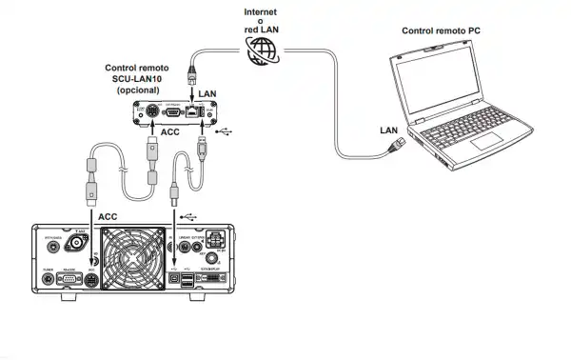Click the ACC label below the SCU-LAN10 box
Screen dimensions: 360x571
170,133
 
